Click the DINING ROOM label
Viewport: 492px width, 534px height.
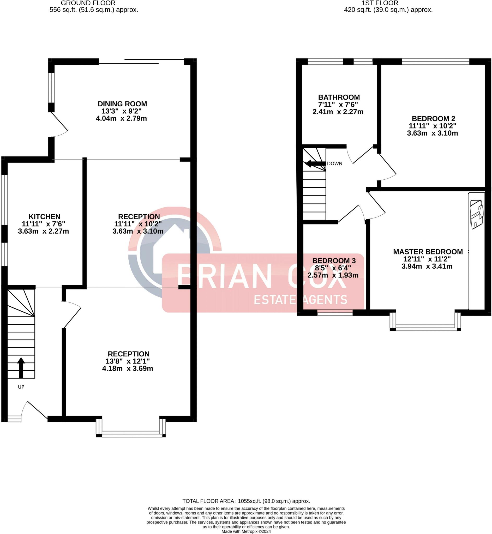point(122,104)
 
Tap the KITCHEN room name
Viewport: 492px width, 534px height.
point(44,217)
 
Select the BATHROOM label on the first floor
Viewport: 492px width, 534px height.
point(339,97)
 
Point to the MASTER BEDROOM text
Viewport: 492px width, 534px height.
point(428,252)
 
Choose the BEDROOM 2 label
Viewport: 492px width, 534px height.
point(433,119)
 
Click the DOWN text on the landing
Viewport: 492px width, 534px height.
point(334,164)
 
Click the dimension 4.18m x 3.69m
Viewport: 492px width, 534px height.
point(128,369)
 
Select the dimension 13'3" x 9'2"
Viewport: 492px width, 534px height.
point(121,111)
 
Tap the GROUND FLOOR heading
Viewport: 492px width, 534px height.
point(88,3)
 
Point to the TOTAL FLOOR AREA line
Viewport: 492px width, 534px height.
point(246,501)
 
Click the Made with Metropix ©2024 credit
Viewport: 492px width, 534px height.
point(246,532)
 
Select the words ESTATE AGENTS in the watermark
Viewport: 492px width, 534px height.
point(300,300)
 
